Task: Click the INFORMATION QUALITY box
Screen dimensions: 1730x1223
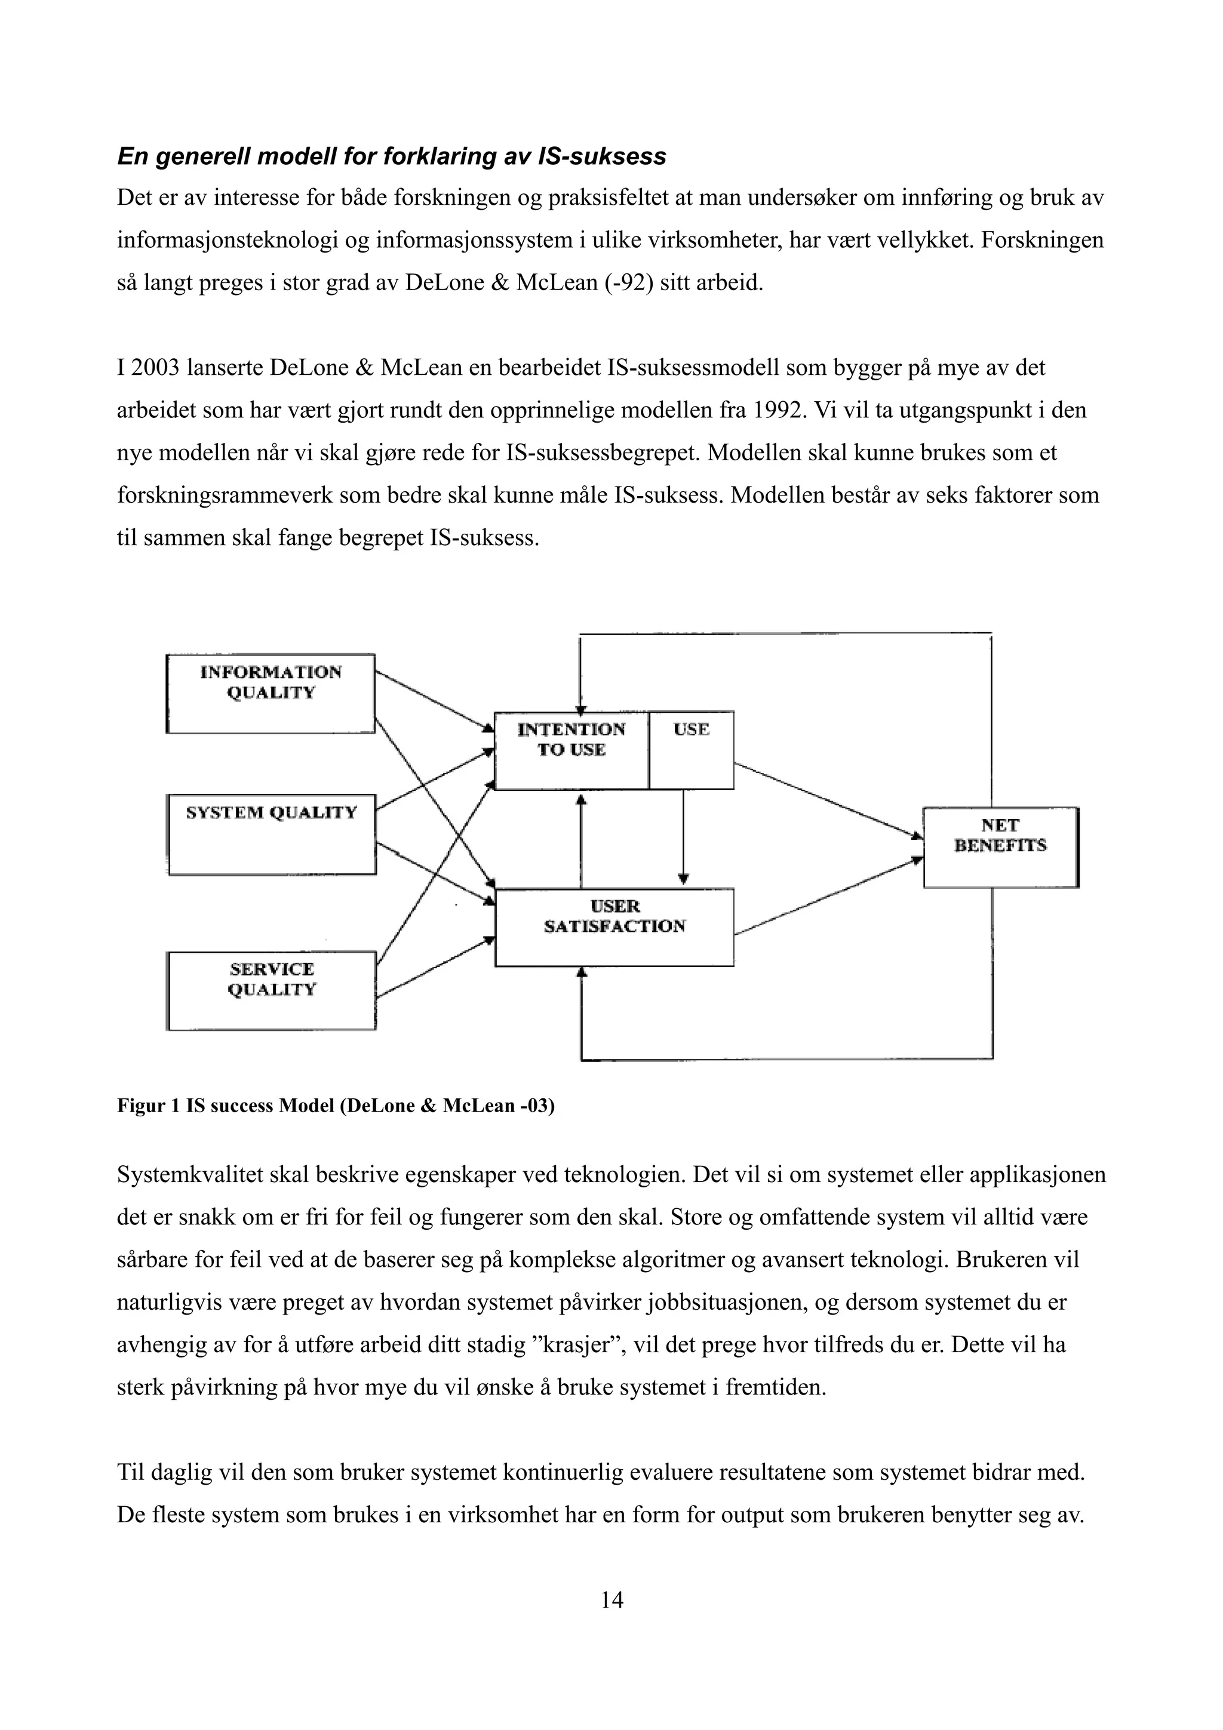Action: coord(271,693)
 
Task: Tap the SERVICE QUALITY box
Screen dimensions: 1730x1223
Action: coord(271,990)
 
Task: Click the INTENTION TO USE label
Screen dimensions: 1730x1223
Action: coord(571,739)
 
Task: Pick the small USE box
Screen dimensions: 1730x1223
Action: coord(691,750)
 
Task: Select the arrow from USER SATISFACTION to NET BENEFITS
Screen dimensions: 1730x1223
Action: coord(829,896)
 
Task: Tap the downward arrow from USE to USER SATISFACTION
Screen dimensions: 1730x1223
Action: coord(684,836)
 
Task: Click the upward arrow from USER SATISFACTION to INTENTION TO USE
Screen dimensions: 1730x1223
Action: coord(581,840)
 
